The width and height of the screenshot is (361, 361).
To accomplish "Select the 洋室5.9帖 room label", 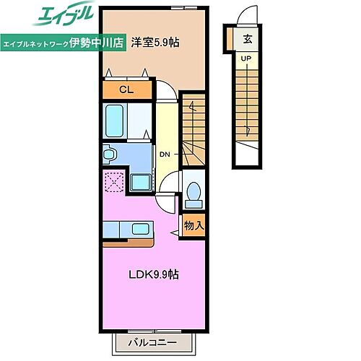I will (x=155, y=43).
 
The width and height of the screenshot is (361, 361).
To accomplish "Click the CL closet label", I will (x=127, y=90).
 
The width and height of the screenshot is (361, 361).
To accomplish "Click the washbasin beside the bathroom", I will (x=110, y=154).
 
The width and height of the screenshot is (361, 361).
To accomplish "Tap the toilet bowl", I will (x=193, y=193).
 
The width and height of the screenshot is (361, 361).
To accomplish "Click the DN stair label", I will (x=165, y=155).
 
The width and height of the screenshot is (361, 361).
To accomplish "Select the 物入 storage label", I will (x=193, y=225).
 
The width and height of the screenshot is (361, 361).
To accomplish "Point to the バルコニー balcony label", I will (x=153, y=341).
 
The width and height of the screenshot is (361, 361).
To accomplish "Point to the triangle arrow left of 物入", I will (x=175, y=232).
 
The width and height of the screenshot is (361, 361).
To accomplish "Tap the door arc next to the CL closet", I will (x=165, y=90).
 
